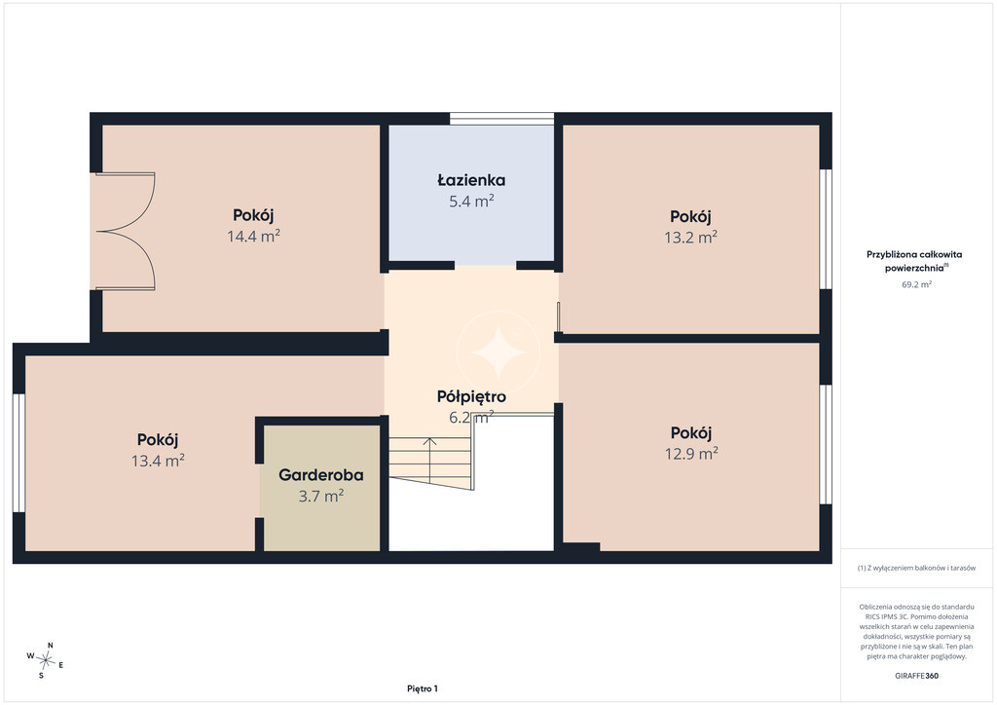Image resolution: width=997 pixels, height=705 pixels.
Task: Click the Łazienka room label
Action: (471, 180)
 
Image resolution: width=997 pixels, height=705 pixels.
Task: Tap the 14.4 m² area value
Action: (254, 236)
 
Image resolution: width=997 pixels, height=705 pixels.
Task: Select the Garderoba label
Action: (321, 475)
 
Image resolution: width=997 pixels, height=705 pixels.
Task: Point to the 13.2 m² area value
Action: (691, 238)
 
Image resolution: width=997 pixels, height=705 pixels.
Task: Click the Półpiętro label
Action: (471, 397)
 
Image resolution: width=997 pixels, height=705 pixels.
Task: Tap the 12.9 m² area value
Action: (692, 453)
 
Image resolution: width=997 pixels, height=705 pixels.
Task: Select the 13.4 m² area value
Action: (159, 461)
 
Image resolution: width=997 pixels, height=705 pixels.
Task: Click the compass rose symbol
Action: (45, 660)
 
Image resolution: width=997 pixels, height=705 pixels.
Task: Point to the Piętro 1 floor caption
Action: (423, 688)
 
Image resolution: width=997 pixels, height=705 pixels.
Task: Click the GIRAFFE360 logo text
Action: (916, 676)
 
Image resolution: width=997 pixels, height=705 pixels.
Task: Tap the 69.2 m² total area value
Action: (916, 284)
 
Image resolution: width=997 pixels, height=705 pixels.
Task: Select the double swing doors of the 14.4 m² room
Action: (126, 232)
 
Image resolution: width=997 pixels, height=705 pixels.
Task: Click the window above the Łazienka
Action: (502, 118)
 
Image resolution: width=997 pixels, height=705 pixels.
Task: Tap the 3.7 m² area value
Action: (321, 496)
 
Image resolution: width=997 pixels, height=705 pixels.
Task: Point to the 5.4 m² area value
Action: (471, 202)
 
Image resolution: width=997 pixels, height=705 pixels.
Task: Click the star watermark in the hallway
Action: (498, 352)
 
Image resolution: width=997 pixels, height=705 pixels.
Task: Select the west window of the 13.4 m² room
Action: (18, 453)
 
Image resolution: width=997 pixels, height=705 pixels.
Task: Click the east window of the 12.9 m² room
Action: (826, 444)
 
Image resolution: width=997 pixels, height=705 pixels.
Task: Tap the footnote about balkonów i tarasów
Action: (916, 569)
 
